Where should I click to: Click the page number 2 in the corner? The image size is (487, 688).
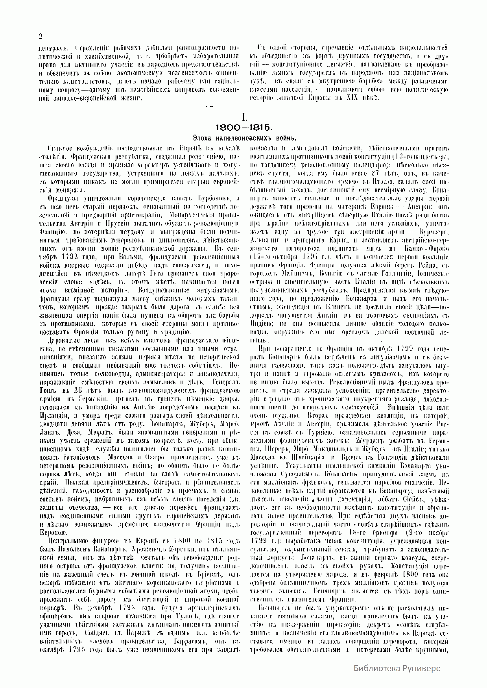point(40,37)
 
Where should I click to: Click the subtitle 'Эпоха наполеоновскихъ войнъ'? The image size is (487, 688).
point(244,138)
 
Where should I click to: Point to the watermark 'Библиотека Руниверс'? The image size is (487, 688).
point(396,668)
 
